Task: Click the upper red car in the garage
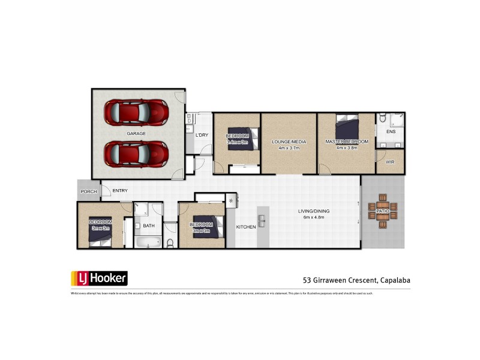tap(136, 112)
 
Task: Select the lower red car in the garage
tap(136, 153)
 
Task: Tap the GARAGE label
tap(136, 133)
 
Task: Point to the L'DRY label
tap(202, 135)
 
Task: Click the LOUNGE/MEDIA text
tap(289, 142)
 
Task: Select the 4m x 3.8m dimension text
tap(346, 148)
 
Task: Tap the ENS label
tap(391, 131)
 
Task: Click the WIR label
tap(390, 162)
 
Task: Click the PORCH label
tap(88, 191)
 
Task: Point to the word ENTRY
tap(120, 191)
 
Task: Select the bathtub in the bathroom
tap(148, 242)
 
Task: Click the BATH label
tap(148, 226)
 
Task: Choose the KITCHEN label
tap(246, 227)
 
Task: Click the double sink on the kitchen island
tap(262, 217)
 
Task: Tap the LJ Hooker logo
tap(99, 278)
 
